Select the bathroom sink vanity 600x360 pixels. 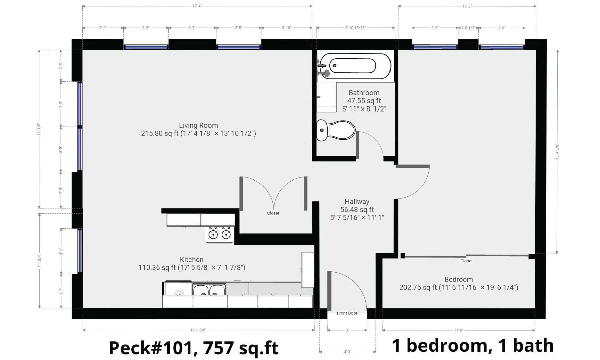point(326,97)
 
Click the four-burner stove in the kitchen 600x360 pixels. point(220,232)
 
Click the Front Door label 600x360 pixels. point(347,313)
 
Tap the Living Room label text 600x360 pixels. point(198,125)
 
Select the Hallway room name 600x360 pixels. point(357,201)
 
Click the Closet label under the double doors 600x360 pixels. point(273,213)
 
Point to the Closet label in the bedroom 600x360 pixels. point(466,261)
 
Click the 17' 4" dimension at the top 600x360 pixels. point(197,6)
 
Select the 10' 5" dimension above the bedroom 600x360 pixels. point(467,6)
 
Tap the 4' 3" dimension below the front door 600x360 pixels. point(348,352)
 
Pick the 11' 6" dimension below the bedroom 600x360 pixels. point(458,330)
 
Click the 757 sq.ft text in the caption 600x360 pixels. point(241,348)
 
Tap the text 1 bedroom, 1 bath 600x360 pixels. point(473,346)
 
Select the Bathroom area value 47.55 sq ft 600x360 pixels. point(364,101)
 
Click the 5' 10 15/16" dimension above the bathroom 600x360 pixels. point(355,28)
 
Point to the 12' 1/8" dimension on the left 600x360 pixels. point(39,129)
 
